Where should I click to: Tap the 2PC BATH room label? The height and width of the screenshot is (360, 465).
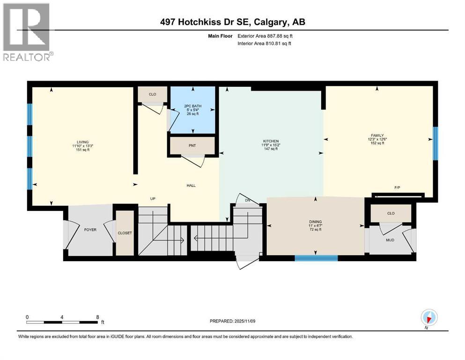pos(192,106)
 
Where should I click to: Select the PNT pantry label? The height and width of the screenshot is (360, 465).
pos(192,145)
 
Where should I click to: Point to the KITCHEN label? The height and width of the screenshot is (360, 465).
pos(271,141)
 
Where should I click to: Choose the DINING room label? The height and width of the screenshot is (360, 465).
pos(315,222)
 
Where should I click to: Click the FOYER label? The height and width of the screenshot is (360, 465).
pos(90,230)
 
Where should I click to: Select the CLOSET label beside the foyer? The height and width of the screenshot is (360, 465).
pos(125,233)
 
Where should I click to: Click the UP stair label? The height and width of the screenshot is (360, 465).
pos(152,199)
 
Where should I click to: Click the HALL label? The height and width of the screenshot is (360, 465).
pos(191,186)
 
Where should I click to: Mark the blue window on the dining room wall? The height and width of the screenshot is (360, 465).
pos(316,257)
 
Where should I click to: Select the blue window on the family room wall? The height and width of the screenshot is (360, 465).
pos(435,140)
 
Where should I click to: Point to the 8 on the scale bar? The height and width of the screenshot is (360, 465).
pos(96,317)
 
